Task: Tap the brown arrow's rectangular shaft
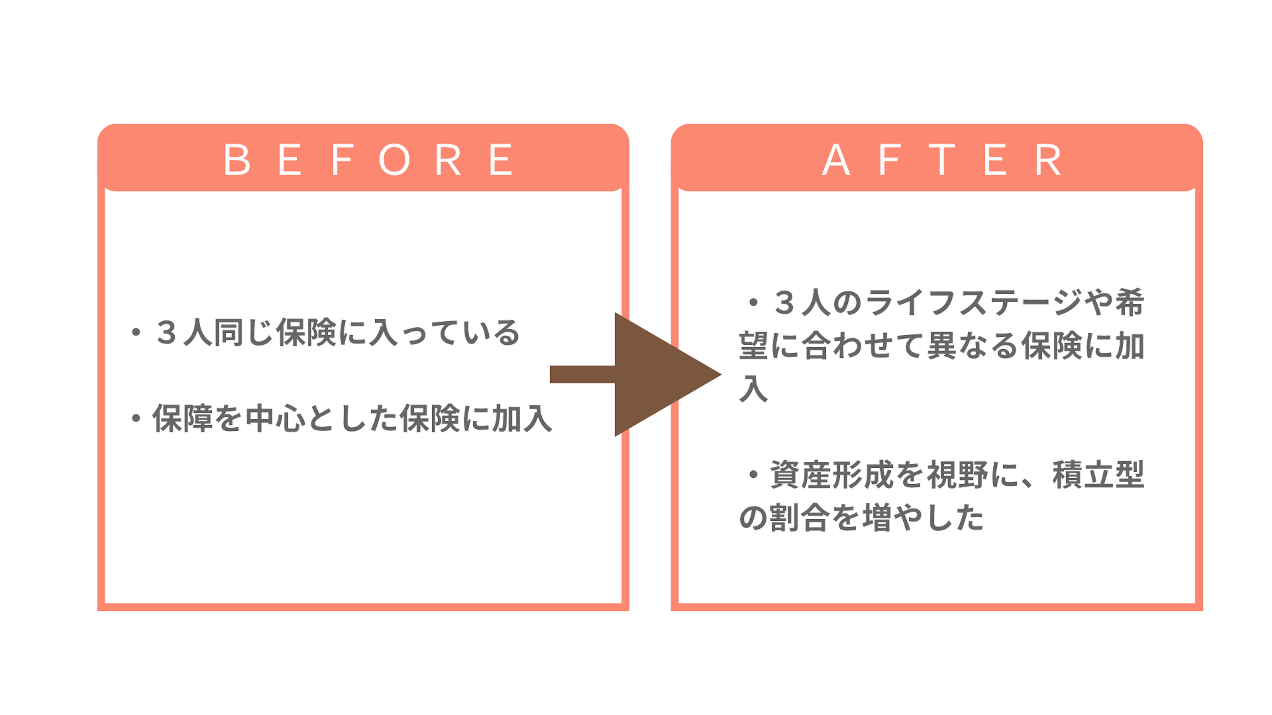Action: point(583,374)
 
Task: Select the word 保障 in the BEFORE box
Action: point(183,418)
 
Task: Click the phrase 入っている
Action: point(445,332)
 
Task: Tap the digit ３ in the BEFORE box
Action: point(167,332)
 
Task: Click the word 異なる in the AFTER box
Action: point(973,345)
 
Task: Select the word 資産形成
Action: point(831,475)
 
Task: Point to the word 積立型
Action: point(1098,475)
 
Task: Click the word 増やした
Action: point(923,518)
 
